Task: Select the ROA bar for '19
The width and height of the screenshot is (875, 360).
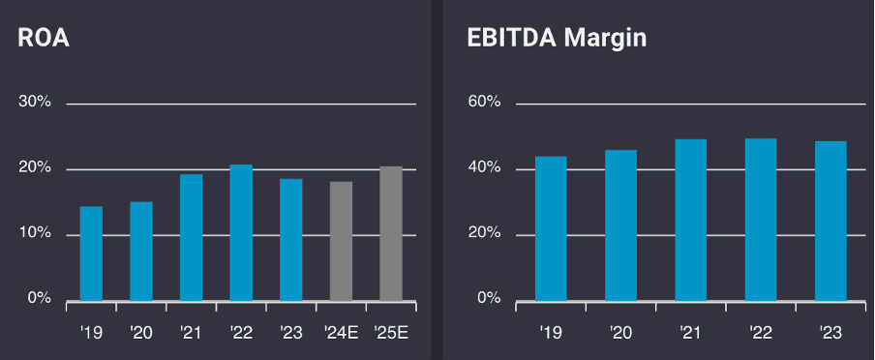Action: click(91, 254)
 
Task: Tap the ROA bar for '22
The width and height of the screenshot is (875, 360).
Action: click(241, 232)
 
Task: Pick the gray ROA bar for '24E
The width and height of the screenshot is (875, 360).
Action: click(341, 241)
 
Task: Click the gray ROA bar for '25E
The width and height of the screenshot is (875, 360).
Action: click(391, 233)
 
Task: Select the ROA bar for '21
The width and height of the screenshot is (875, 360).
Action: click(191, 237)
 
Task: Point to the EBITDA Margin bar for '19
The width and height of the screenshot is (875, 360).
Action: click(551, 228)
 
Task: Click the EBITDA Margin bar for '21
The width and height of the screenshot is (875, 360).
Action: click(690, 220)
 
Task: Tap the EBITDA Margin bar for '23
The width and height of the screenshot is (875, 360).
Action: click(830, 221)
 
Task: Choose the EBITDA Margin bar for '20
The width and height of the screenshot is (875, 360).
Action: click(620, 225)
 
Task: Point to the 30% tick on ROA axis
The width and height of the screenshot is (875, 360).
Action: click(35, 103)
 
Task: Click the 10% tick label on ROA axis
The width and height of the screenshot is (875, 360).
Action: click(35, 233)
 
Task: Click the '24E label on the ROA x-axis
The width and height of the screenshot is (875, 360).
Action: click(341, 332)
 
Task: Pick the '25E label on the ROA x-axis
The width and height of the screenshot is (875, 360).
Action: click(391, 332)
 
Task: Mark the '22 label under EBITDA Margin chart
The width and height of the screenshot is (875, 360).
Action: click(761, 332)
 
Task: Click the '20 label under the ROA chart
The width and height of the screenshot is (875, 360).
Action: click(140, 332)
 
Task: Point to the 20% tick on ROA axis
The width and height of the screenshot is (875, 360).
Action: click(35, 168)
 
